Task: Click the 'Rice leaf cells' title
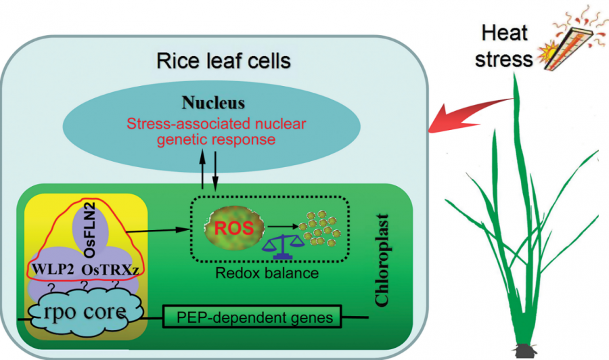tap(223, 62)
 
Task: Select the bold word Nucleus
tap(212, 104)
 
